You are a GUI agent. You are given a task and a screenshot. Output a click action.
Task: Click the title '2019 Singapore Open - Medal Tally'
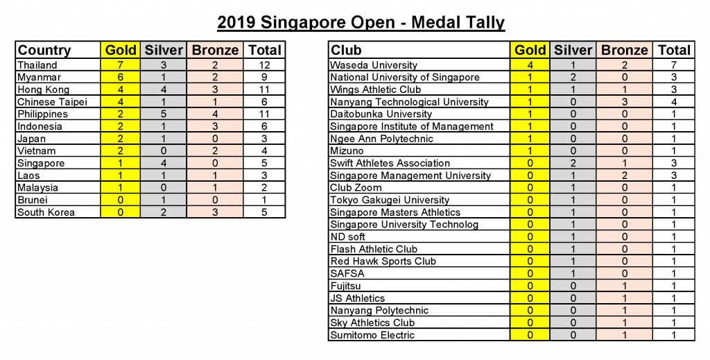(361, 22)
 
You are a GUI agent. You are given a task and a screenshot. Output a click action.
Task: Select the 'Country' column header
(44, 50)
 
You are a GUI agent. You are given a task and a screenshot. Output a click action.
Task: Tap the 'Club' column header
(347, 50)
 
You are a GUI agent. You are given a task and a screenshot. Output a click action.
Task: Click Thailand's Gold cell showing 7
(120, 65)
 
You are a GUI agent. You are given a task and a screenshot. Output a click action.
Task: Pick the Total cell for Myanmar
(264, 78)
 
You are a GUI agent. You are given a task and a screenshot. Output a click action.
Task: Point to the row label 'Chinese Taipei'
(52, 102)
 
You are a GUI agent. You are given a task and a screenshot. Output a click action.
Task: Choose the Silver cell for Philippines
(164, 114)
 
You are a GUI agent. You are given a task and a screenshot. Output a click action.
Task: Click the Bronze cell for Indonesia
(215, 126)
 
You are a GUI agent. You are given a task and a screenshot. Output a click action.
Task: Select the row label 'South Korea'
(46, 212)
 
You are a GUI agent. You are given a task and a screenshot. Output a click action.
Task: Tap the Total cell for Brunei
(264, 200)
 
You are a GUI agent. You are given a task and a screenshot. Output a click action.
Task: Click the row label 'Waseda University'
(374, 65)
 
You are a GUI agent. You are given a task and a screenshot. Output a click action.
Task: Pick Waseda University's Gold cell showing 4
(530, 65)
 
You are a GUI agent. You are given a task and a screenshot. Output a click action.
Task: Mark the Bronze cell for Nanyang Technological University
(625, 102)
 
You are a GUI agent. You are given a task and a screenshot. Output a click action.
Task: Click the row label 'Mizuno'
(347, 151)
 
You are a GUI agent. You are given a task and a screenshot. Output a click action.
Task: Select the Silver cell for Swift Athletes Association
(573, 163)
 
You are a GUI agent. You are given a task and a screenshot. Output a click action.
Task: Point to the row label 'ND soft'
(348, 237)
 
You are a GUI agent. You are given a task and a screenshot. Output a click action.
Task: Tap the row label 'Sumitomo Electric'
(372, 335)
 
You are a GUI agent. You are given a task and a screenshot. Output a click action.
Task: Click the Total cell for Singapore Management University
(674, 175)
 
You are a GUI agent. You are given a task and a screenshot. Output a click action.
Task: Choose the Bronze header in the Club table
(625, 50)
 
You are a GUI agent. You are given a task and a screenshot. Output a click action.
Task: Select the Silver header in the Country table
(164, 50)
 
